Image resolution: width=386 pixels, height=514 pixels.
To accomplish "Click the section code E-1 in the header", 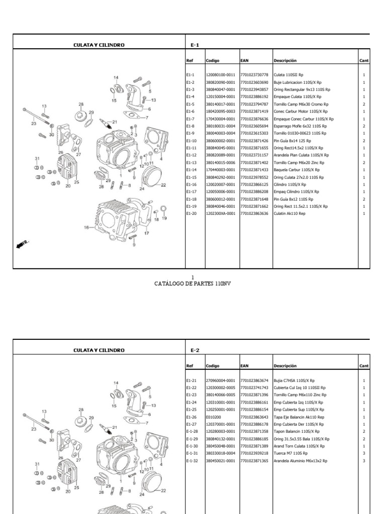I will [x=195, y=45].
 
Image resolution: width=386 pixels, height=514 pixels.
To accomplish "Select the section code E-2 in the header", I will [x=195, y=350].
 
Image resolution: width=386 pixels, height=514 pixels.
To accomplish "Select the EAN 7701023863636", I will [x=254, y=214].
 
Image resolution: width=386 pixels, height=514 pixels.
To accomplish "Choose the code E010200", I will [x=213, y=417].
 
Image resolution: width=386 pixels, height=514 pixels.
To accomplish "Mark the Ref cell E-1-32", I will [x=192, y=461].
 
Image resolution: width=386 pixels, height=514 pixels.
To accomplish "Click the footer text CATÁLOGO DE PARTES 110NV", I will [x=192, y=283].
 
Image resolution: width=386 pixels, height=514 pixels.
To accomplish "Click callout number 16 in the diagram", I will [x=86, y=227].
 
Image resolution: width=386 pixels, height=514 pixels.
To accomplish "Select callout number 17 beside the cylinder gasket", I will [x=147, y=233].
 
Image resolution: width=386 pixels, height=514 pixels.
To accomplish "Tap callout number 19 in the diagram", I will [x=164, y=219].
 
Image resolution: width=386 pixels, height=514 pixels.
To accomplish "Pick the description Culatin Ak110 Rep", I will [x=289, y=214].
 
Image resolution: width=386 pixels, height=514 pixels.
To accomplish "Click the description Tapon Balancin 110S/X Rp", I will [x=294, y=432].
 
